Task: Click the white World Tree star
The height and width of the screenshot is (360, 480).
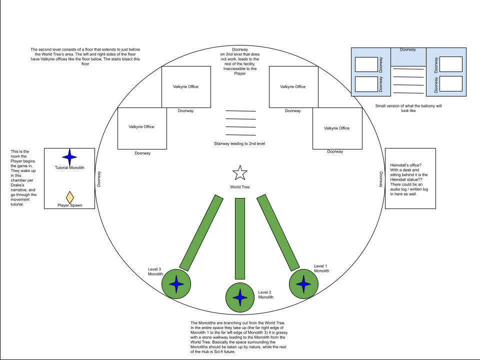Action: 240,173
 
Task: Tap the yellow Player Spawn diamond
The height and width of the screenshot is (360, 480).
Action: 70,196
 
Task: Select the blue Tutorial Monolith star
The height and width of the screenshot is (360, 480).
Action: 69,157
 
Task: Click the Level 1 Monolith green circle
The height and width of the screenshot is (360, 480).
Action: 303,284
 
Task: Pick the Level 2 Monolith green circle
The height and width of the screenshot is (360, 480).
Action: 240,297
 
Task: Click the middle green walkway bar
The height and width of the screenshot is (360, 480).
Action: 240,238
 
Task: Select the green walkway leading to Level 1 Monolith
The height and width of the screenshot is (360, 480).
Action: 278,232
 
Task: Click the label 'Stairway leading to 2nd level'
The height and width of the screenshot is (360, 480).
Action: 239,143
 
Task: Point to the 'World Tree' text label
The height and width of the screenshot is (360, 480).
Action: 240,187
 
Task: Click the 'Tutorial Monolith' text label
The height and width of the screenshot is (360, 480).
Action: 69,167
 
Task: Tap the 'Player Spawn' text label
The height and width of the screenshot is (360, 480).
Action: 70,205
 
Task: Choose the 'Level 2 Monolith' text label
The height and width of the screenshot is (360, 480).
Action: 266,294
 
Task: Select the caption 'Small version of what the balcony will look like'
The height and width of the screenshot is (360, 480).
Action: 408,108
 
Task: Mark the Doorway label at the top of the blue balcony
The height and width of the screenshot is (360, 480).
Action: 408,50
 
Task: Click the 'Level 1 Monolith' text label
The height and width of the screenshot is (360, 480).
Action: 321,268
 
